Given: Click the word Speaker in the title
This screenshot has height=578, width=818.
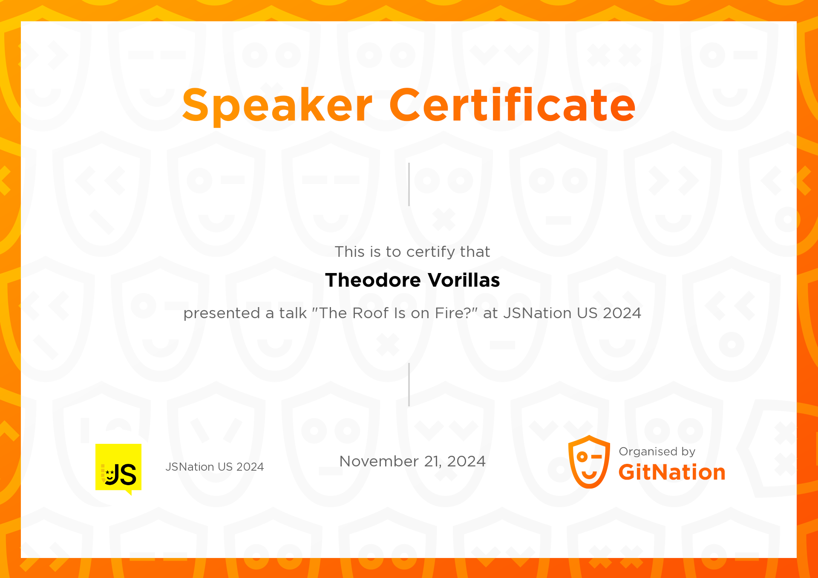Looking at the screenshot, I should (x=277, y=105).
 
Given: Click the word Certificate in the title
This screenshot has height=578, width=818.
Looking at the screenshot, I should (x=512, y=105).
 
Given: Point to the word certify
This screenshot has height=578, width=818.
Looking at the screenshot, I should (x=429, y=252).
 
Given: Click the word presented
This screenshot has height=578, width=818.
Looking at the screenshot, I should (x=222, y=313).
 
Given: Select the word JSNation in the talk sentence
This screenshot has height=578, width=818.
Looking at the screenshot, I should (x=538, y=313).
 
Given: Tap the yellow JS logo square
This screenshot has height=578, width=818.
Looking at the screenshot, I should (x=118, y=467).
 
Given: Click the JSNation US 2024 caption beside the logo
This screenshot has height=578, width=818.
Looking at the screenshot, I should (x=215, y=467).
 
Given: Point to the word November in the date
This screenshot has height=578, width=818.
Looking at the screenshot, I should (x=379, y=461).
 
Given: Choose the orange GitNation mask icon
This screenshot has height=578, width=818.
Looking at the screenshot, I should (x=589, y=462).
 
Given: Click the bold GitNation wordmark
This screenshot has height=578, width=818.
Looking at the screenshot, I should (x=672, y=472).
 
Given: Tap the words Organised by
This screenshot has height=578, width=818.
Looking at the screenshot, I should (x=657, y=451).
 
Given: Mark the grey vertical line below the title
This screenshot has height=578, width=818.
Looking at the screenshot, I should (x=409, y=184).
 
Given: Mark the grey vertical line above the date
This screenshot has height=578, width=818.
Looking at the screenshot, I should (x=409, y=385).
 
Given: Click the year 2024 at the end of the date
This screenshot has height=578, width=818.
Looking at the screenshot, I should (x=466, y=461).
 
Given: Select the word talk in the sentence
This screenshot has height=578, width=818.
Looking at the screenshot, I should (x=293, y=313).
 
